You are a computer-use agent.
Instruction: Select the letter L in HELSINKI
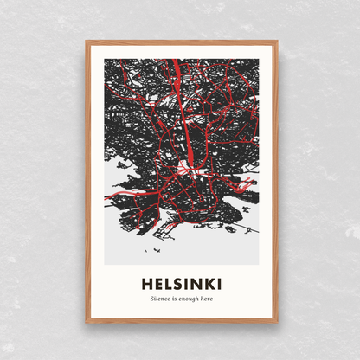166,284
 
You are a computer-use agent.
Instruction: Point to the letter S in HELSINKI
177,284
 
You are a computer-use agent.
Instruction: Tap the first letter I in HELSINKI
184,284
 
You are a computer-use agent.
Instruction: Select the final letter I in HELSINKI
216,284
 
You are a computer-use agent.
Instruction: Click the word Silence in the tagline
158,299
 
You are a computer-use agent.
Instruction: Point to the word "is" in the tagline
173,299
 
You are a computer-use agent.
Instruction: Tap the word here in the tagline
205,299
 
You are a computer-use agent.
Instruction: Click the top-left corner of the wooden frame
87,41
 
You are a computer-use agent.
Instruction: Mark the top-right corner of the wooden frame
274,41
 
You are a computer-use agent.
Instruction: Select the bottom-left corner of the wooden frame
87,322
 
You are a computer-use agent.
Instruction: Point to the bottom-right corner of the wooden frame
274,322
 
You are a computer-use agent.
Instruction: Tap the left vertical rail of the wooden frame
87,182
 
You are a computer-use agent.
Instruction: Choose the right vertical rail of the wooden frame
273,182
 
